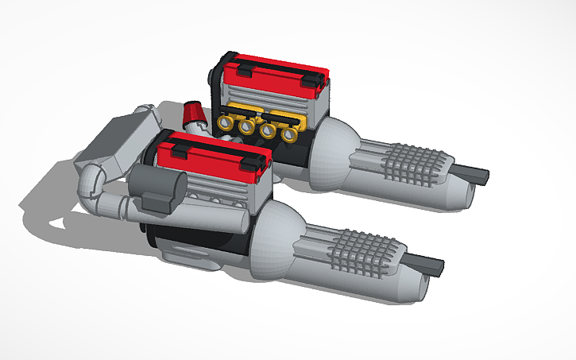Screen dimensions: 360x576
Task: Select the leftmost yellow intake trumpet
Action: point(226,125)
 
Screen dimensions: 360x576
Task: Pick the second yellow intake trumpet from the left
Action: point(247,127)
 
